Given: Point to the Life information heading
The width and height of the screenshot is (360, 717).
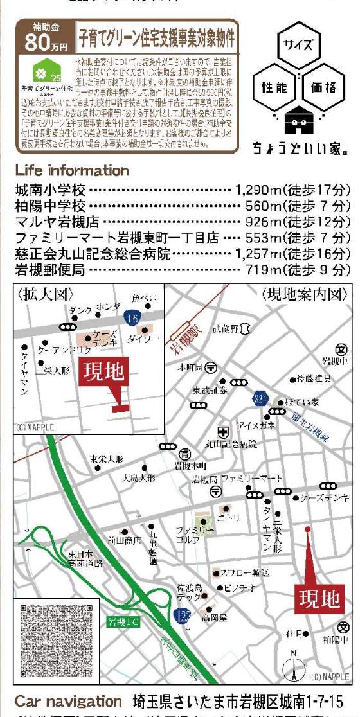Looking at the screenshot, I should pos(72,171).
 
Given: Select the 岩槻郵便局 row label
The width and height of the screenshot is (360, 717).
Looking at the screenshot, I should pos(50,270).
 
